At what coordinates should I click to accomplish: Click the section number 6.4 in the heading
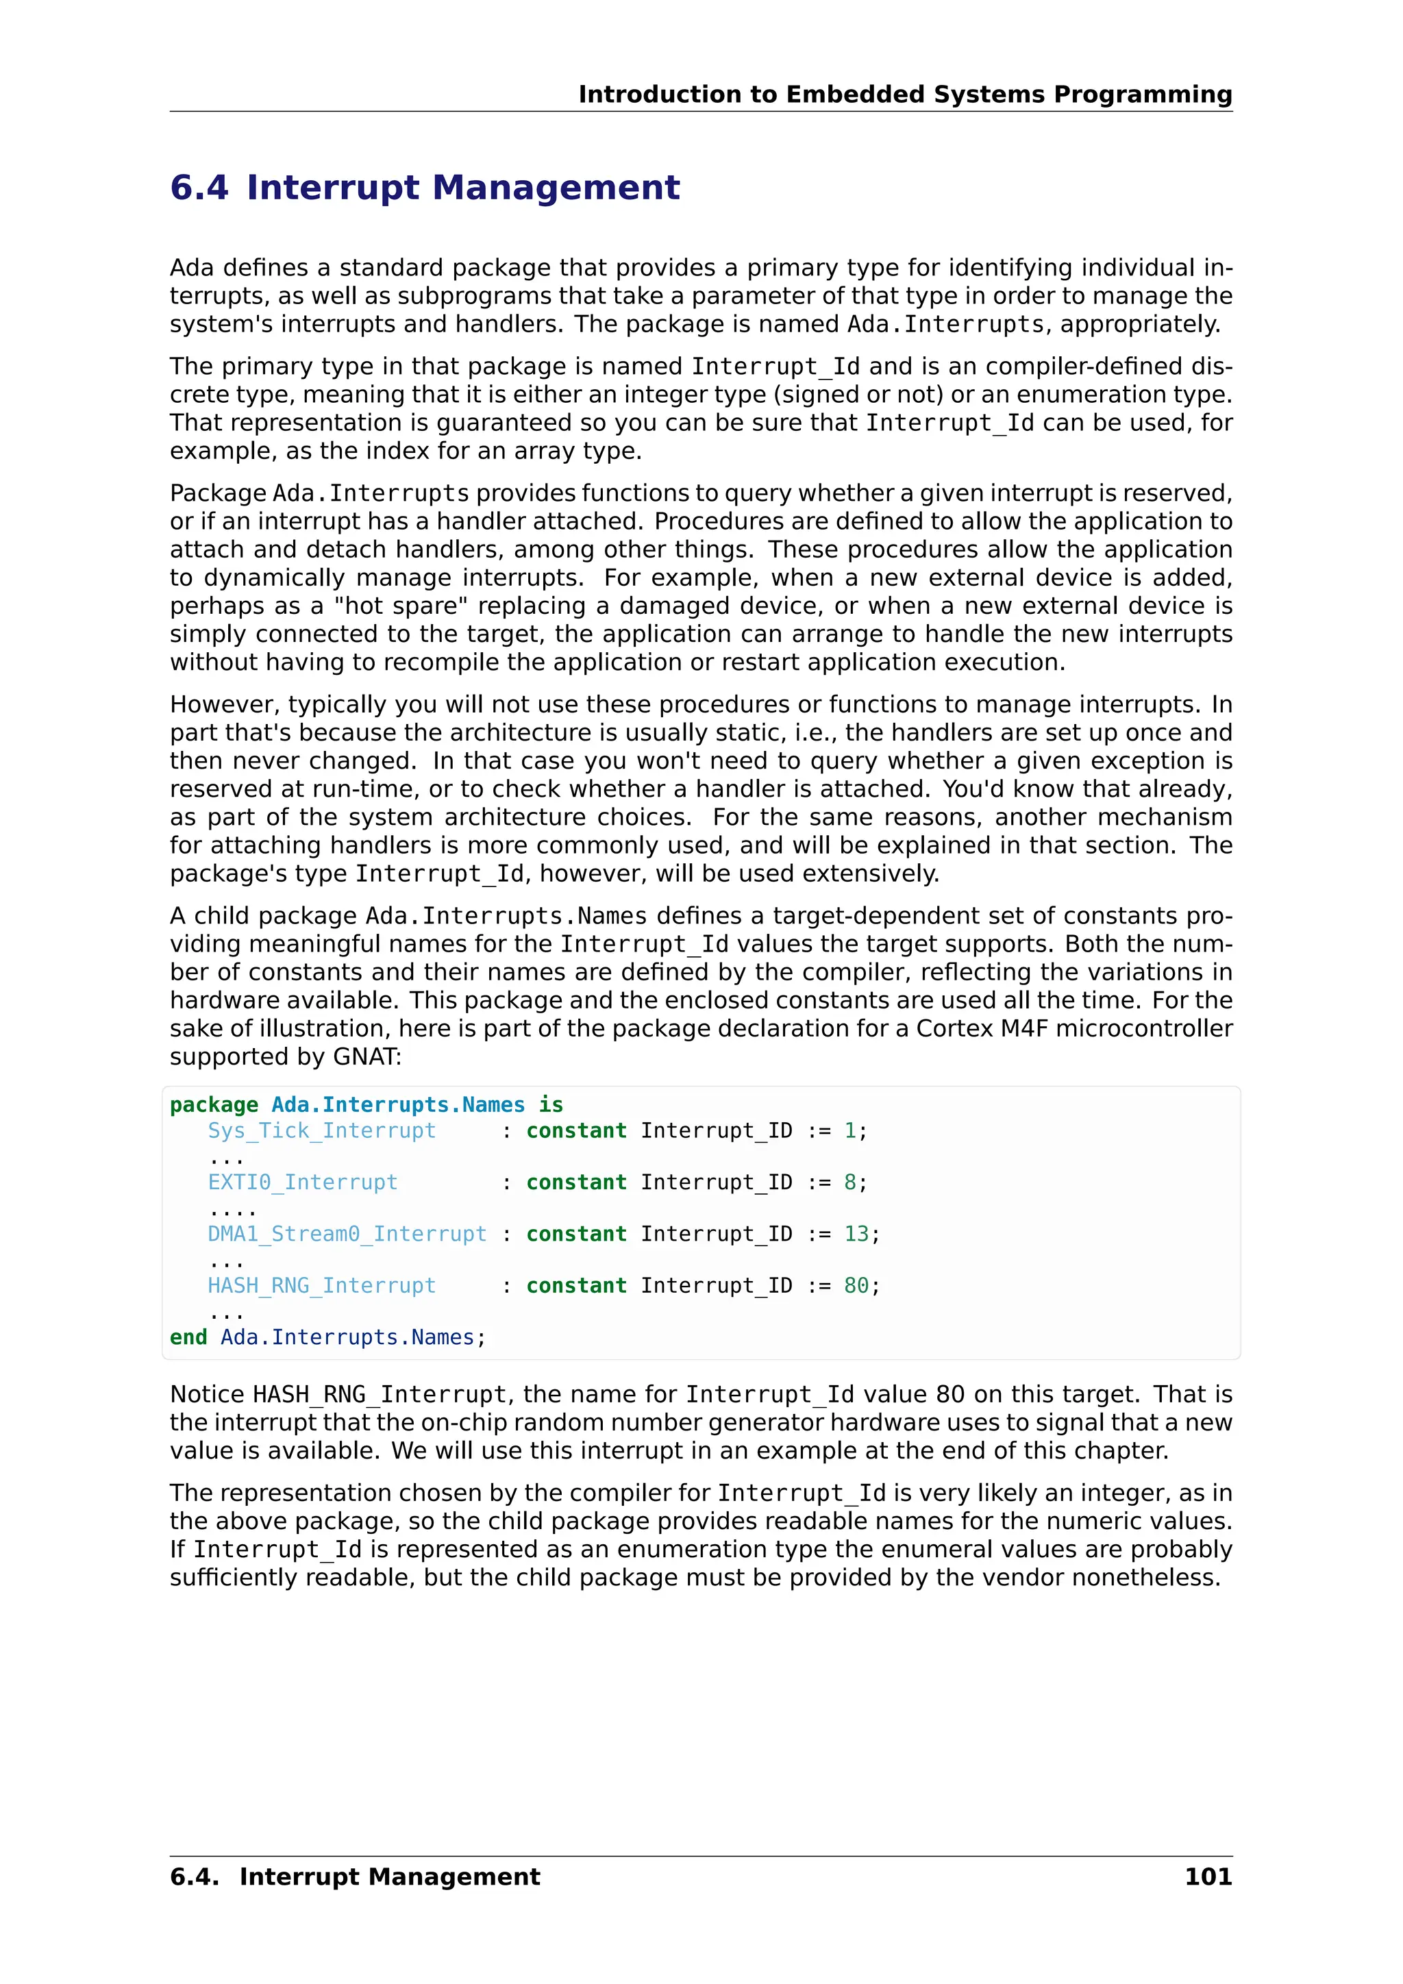199,188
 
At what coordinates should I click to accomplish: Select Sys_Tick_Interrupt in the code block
321,1131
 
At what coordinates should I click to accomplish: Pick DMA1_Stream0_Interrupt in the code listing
347,1234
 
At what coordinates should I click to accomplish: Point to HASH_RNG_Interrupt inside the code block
321,1286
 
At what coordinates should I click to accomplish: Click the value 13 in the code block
856,1234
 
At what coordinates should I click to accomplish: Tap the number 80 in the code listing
856,1286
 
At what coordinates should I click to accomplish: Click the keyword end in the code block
188,1338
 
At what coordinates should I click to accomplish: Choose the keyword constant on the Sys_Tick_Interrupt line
576,1131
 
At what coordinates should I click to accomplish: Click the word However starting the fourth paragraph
221,704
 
